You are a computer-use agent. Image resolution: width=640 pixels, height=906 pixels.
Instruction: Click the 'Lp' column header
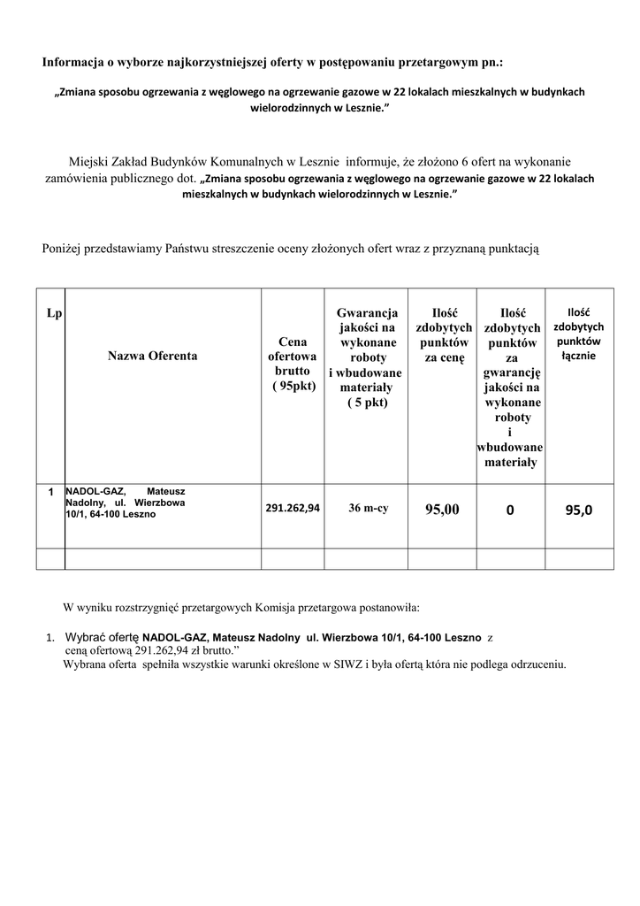tap(54, 314)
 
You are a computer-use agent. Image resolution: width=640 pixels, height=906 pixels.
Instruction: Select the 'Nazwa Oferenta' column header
tap(153, 356)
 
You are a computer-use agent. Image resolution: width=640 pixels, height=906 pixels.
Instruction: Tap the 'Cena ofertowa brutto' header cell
tap(293, 363)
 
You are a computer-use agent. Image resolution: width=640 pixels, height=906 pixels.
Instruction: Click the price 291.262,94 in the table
tap(293, 508)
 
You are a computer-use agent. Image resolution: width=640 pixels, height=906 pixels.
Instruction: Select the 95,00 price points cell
tap(442, 509)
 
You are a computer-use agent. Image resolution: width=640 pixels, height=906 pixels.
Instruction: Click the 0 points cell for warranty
tap(510, 509)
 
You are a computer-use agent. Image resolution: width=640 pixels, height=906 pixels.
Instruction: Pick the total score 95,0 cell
tap(579, 509)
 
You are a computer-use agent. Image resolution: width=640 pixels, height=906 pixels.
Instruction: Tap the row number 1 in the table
tap(51, 491)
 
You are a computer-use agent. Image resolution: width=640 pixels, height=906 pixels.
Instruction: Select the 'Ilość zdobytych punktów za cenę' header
tap(442, 335)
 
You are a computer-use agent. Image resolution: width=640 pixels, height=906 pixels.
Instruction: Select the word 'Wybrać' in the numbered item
tap(86, 637)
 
